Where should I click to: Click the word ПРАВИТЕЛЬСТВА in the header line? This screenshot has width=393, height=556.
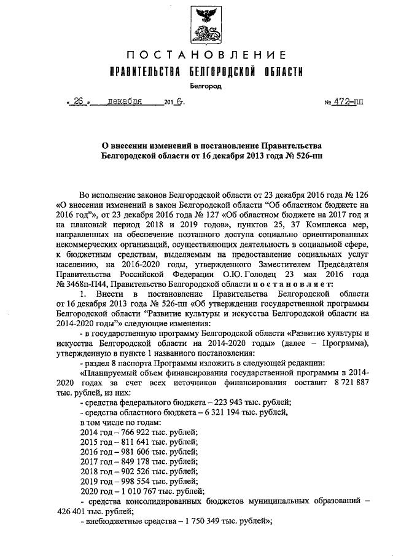[x=144, y=72]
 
